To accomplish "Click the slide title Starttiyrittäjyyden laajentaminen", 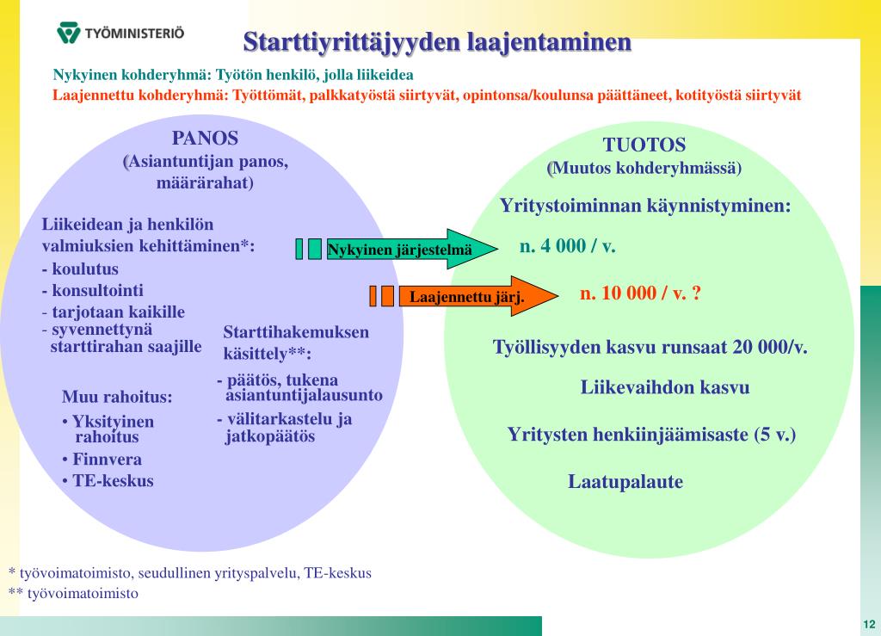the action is pyautogui.click(x=437, y=41).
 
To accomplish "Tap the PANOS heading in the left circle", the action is pyautogui.click(x=205, y=139).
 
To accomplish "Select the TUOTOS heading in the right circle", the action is pyautogui.click(x=644, y=145).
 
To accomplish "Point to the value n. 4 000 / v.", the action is pyautogui.click(x=568, y=247).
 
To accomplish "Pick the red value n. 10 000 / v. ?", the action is pyautogui.click(x=641, y=293).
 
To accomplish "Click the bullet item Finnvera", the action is pyautogui.click(x=106, y=460).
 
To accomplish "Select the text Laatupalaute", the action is pyautogui.click(x=625, y=482).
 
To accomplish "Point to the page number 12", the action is pyautogui.click(x=868, y=624).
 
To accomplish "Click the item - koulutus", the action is pyautogui.click(x=80, y=269).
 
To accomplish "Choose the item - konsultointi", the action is pyautogui.click(x=93, y=290).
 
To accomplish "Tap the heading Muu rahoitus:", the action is pyautogui.click(x=117, y=398).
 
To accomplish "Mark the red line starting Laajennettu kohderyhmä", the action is pyautogui.click(x=427, y=96).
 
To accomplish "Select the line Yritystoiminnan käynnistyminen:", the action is pyautogui.click(x=645, y=207).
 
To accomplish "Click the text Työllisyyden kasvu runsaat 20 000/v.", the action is pyautogui.click(x=650, y=348).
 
